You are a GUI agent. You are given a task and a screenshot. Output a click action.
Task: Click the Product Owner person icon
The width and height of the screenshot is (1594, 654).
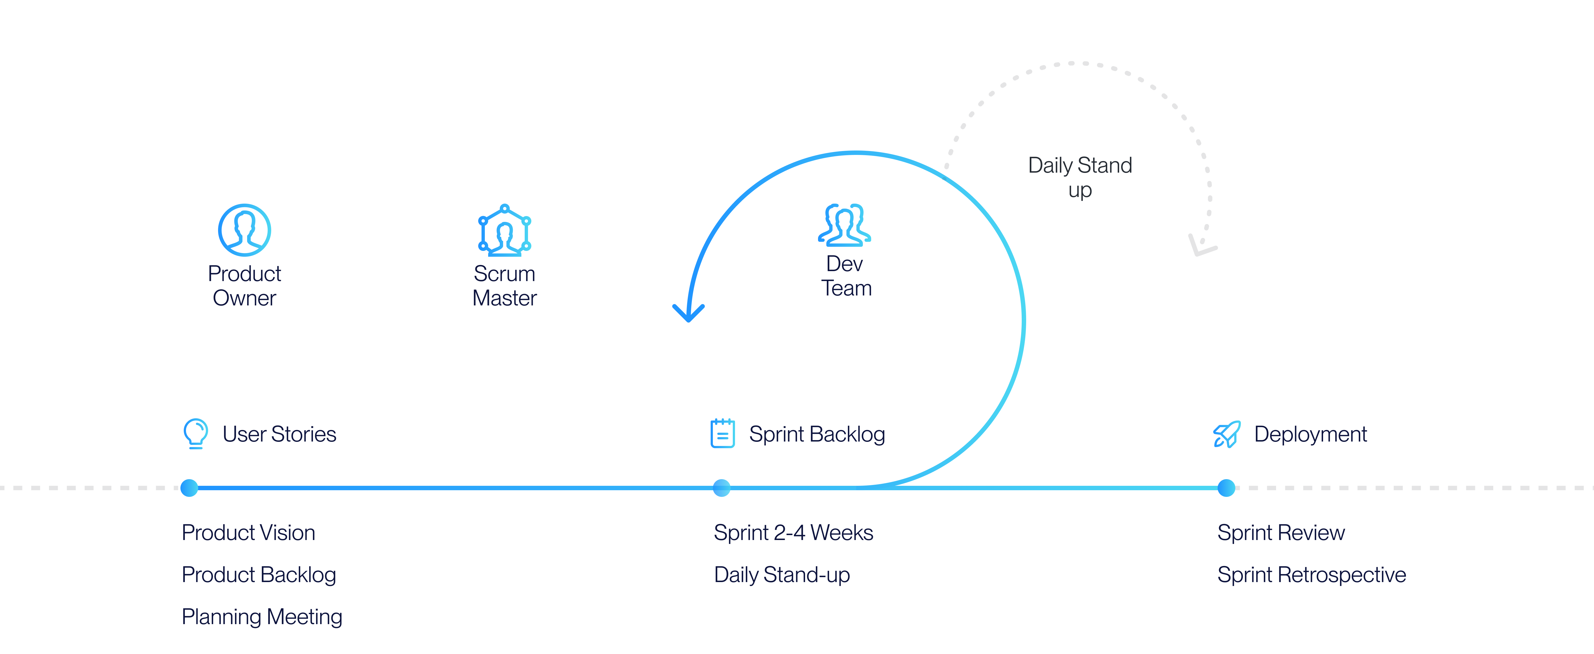[244, 230]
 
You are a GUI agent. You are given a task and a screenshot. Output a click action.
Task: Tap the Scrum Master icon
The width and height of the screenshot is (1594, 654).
[504, 230]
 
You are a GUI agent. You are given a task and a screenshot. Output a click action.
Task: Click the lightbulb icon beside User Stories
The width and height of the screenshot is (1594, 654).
[196, 433]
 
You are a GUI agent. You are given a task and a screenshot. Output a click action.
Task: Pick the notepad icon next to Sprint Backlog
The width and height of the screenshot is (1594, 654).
[722, 433]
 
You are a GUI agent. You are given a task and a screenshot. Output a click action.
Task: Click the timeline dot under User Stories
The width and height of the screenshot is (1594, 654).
[189, 487]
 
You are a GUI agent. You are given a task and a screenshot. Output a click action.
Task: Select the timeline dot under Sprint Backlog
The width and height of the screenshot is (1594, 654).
[721, 487]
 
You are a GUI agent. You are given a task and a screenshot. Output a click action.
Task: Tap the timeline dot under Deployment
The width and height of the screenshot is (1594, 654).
[1226, 487]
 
